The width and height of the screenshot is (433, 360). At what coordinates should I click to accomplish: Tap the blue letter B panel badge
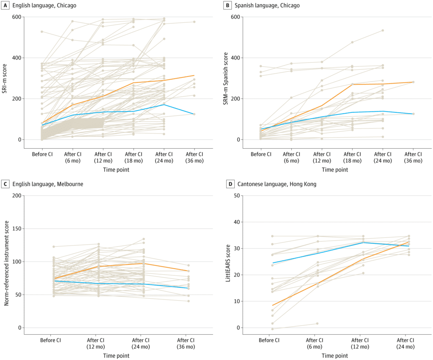228,5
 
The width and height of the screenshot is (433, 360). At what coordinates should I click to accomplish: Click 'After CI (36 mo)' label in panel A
195,157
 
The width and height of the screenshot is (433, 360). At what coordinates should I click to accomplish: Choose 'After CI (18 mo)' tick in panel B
352,157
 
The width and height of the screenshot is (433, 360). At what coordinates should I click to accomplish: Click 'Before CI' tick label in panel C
50,340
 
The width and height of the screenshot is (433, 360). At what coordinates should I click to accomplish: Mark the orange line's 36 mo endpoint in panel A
195,76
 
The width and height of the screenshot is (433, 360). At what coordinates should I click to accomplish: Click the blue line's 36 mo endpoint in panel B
413,114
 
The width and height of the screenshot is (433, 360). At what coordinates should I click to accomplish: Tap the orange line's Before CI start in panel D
273,305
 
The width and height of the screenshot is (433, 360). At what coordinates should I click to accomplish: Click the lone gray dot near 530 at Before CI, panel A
42,32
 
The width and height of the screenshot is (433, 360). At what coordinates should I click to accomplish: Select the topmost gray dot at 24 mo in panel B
383,30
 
